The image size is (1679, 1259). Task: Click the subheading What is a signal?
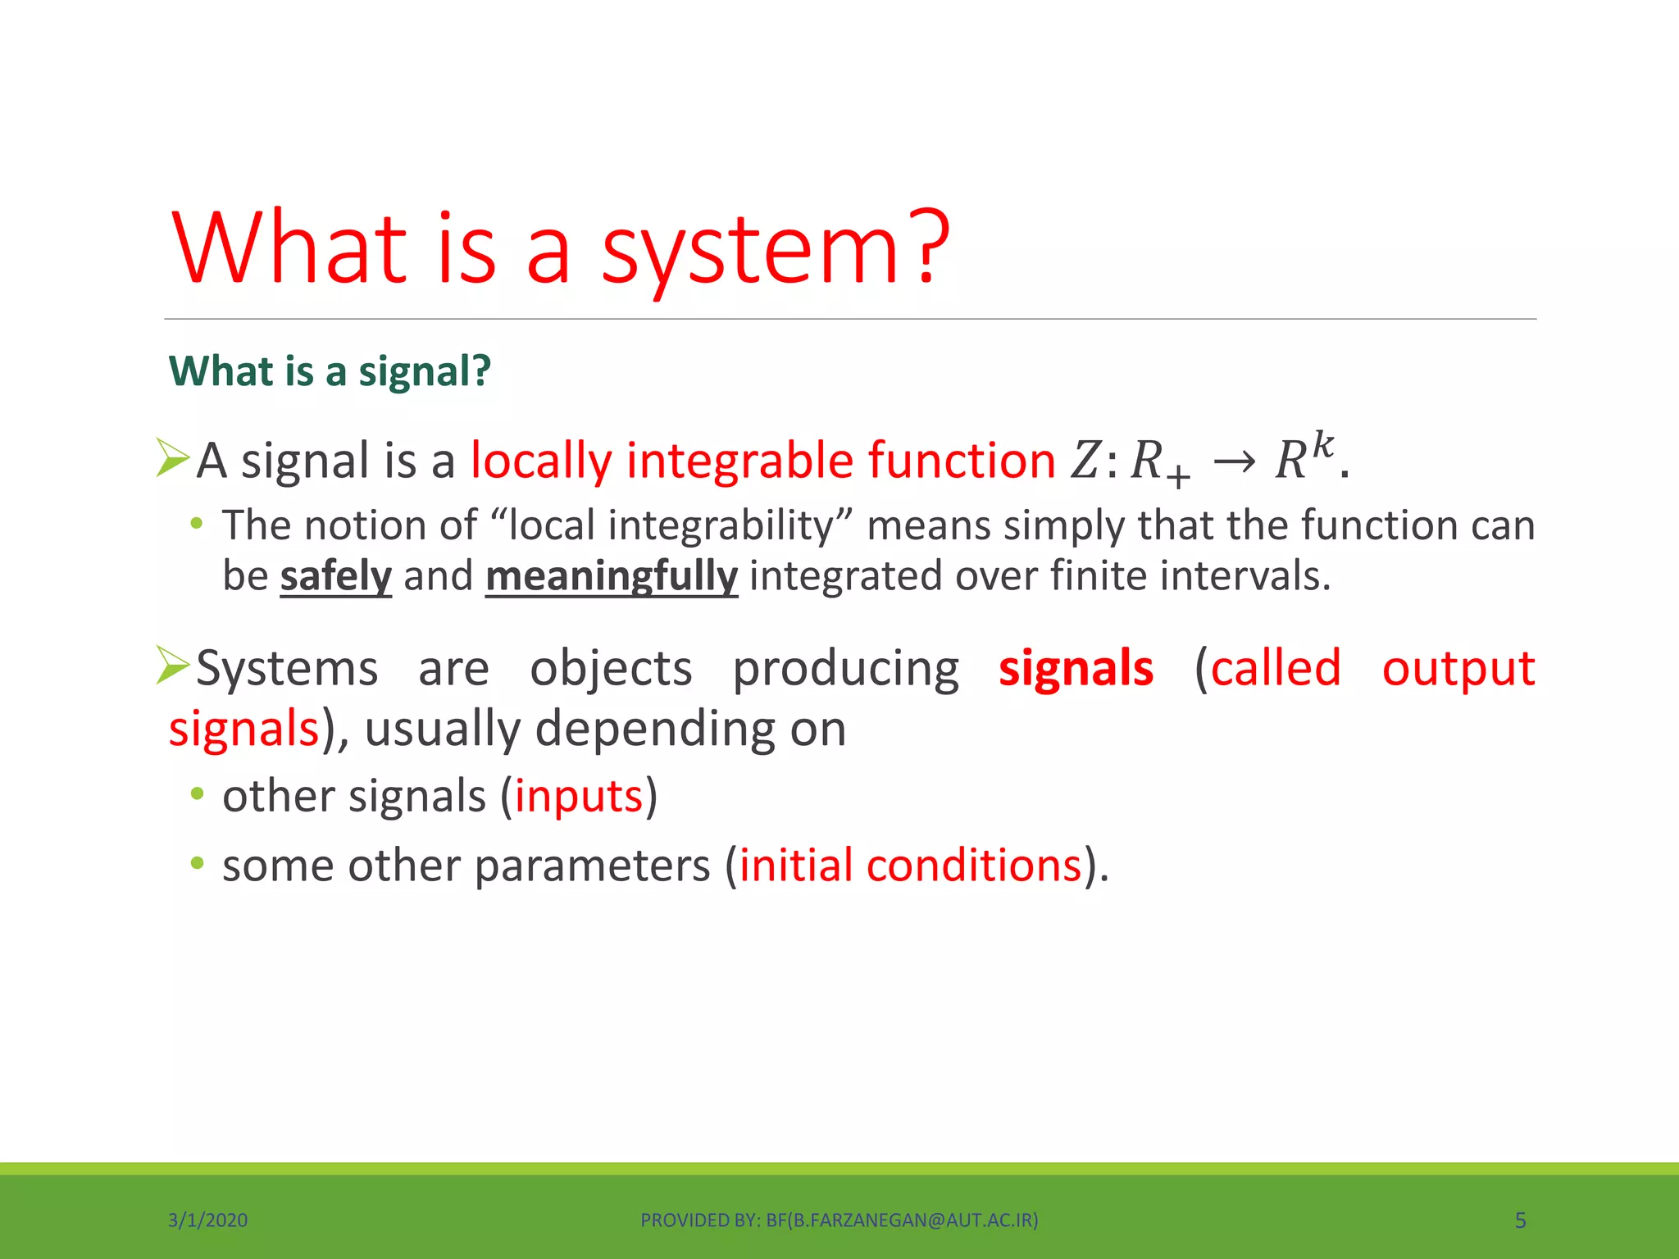tap(330, 371)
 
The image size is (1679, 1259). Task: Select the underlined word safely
tap(336, 575)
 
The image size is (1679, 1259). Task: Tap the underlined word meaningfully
tap(612, 575)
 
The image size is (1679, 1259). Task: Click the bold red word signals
tap(1076, 668)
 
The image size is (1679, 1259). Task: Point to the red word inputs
tap(579, 796)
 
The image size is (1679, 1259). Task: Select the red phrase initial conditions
tap(910, 866)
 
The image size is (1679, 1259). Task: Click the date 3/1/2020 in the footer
tap(207, 1220)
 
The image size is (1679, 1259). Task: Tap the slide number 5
tap(1520, 1220)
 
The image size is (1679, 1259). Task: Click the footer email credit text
tap(839, 1220)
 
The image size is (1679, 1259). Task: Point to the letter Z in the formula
tap(1085, 461)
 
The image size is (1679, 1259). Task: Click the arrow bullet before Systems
tap(173, 665)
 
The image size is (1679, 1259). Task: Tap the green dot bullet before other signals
tap(197, 793)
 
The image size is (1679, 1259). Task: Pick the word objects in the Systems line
tap(611, 669)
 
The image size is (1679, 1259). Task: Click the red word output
tap(1458, 668)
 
